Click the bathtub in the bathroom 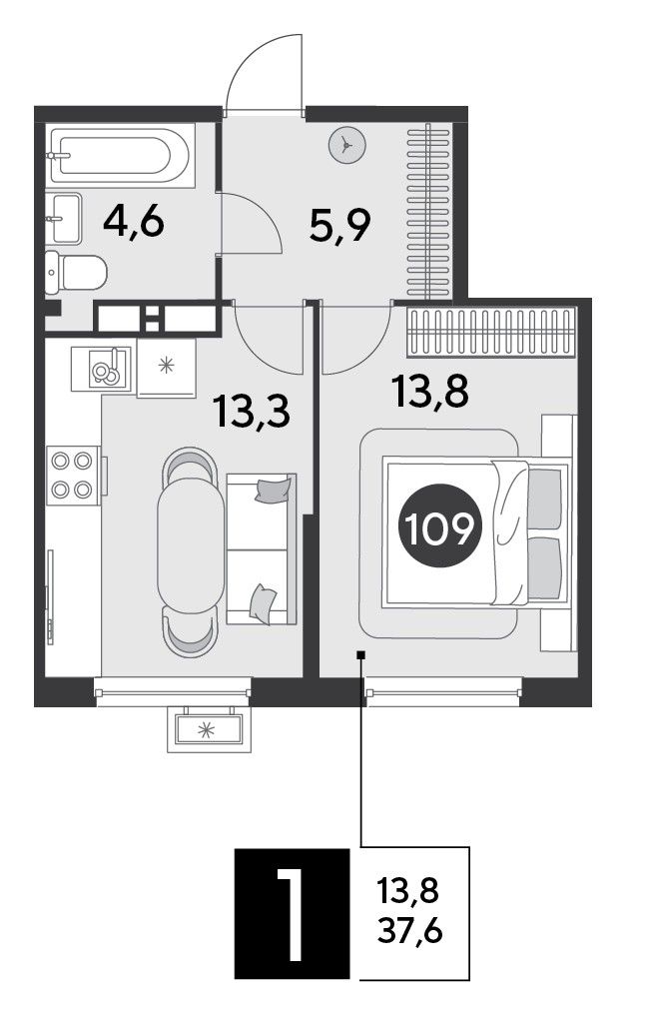120,156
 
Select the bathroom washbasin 63,218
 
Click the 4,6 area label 134,224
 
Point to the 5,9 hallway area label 339,226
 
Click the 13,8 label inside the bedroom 430,392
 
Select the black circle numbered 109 439,525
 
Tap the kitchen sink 102,369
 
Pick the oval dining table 191,545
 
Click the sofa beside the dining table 261,549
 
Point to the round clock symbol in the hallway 347,145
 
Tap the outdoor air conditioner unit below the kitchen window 209,729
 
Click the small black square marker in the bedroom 360,655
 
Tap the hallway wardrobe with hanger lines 428,212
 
